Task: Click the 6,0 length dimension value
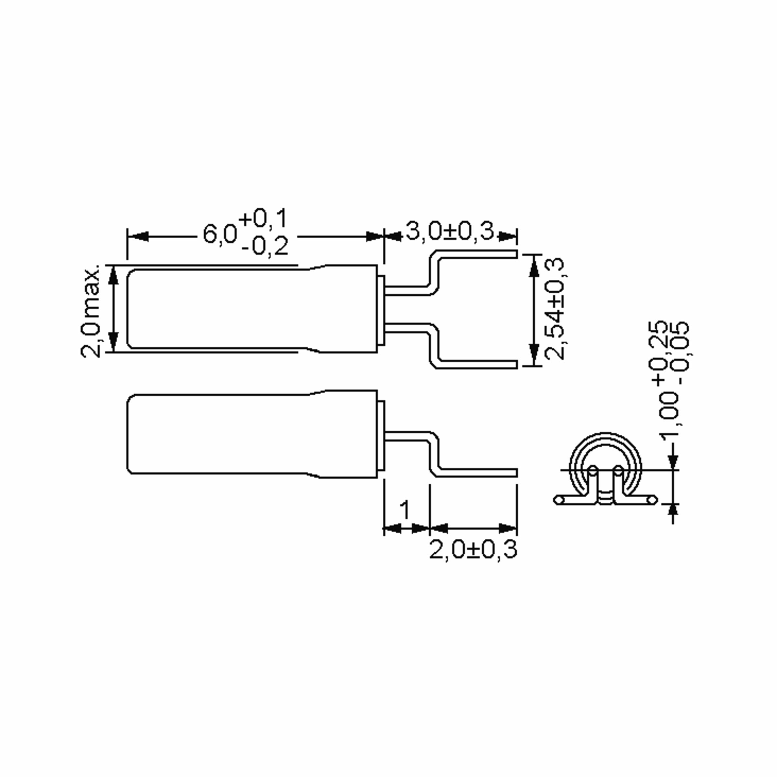(219, 234)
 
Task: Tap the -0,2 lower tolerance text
(265, 246)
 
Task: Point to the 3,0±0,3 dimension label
(450, 231)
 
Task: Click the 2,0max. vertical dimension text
(91, 311)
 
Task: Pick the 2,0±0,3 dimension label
(473, 549)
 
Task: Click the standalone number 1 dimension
(405, 510)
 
